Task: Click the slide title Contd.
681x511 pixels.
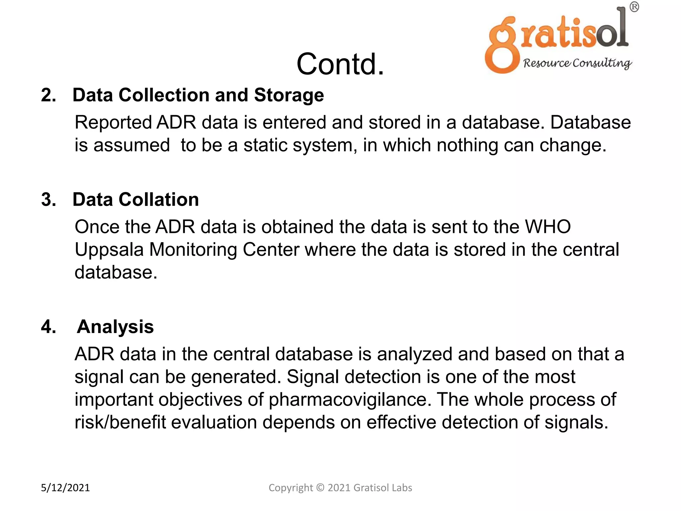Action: (340, 64)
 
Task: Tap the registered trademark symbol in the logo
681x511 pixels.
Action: (634, 7)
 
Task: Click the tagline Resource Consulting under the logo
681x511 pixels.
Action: (577, 63)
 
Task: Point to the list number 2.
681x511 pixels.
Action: (48, 95)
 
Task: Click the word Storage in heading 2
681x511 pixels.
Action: (289, 95)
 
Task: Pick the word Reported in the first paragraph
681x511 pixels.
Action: (113, 122)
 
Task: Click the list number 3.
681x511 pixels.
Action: (49, 200)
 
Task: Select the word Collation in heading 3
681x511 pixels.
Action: (159, 200)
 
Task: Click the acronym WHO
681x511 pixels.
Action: (548, 227)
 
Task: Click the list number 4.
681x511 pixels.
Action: (49, 327)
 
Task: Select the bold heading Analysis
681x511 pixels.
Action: (115, 327)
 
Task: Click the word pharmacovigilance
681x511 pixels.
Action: (347, 400)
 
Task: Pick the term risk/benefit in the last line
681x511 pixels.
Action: (120, 423)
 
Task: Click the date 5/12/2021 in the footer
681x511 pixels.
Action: (65, 488)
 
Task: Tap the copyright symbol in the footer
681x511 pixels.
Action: (320, 488)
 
